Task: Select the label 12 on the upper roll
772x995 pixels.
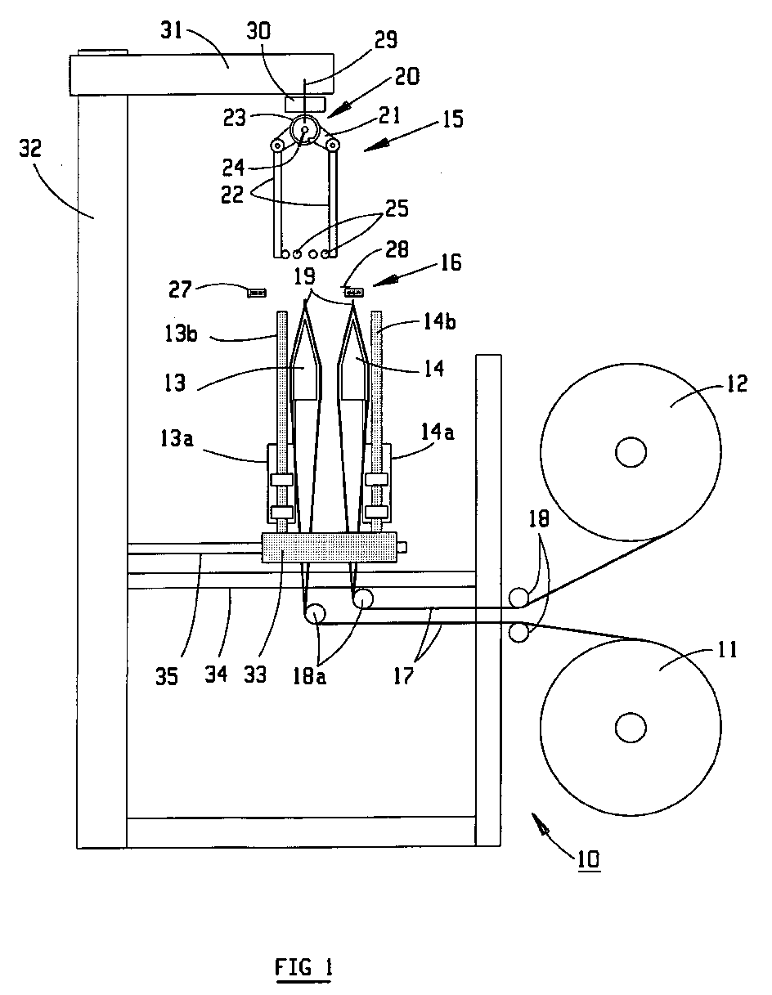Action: tap(736, 383)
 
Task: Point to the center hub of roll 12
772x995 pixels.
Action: tap(631, 452)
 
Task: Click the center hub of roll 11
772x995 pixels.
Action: tap(631, 726)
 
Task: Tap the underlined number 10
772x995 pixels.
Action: tap(587, 859)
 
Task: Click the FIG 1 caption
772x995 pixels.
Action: tap(304, 969)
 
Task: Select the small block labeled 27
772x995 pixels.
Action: tap(258, 291)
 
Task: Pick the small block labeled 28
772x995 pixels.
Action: tap(354, 292)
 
